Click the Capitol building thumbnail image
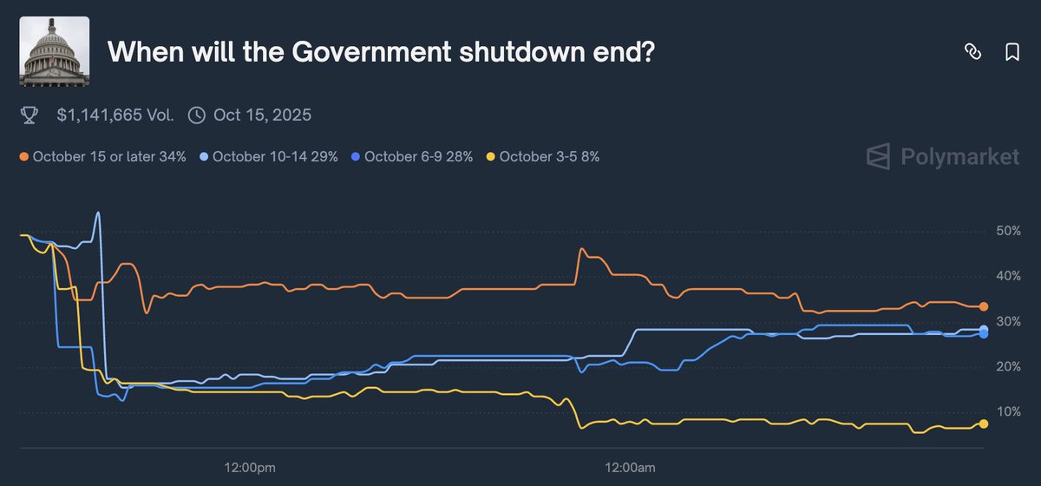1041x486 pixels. tap(53, 52)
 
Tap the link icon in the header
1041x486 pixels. tap(972, 52)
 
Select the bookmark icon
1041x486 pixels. tap(1012, 52)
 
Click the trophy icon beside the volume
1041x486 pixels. tap(29, 115)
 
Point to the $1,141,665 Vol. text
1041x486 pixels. tap(115, 115)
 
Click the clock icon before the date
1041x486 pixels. tap(197, 115)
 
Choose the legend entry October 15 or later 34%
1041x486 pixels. tap(105, 157)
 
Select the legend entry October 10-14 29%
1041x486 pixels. tap(269, 157)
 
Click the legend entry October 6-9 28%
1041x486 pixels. tap(412, 157)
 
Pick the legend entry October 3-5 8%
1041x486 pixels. tap(543, 157)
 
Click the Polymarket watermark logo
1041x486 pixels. tap(943, 156)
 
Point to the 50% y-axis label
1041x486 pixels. tap(1007, 232)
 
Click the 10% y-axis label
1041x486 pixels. tap(1007, 411)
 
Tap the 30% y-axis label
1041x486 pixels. tap(1007, 322)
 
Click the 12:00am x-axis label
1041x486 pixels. tap(629, 469)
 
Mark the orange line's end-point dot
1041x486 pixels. tap(984, 306)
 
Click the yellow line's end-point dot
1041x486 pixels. tap(984, 424)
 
